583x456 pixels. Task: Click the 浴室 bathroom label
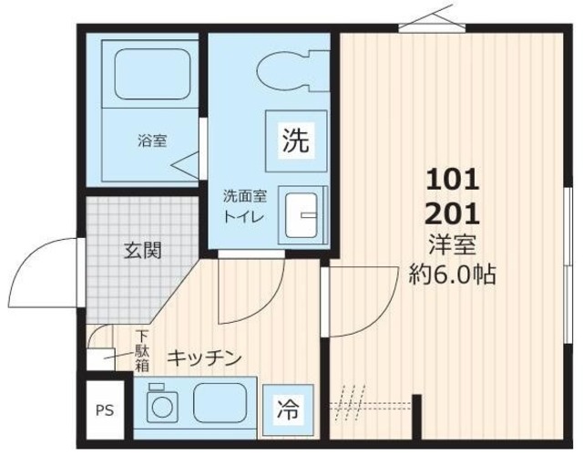coord(151,141)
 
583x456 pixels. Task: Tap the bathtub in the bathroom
coord(148,75)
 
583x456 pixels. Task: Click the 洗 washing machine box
coord(293,140)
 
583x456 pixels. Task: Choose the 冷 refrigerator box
coord(285,407)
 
